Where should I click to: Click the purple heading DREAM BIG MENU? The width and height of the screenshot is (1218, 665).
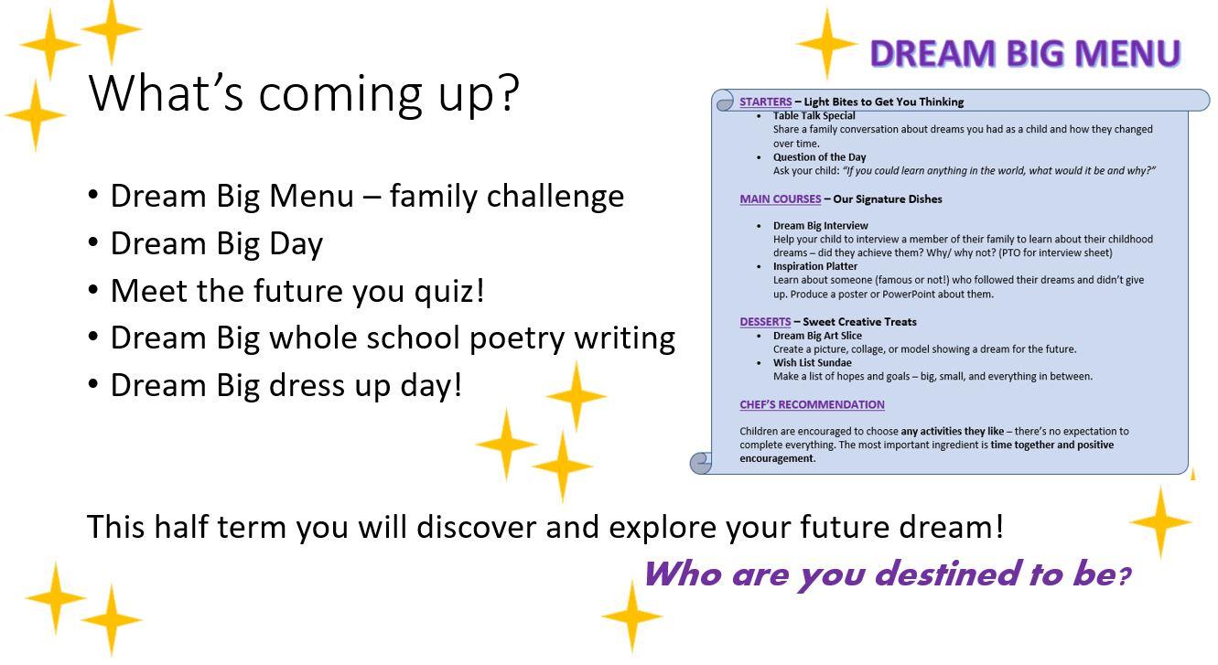coord(1026,53)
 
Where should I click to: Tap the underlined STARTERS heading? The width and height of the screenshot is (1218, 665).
coord(766,102)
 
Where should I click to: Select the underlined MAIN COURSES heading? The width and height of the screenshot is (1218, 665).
coord(781,198)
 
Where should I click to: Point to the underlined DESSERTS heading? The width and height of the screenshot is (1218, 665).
coord(765,322)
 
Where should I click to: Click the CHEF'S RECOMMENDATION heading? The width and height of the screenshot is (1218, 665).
coord(812,404)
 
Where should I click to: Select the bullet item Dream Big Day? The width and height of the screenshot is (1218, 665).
coord(216,243)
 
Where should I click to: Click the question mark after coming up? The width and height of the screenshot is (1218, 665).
coord(508,92)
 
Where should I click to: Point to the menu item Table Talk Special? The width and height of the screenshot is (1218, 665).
coord(814,116)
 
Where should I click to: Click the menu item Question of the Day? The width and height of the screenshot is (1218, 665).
coord(819,157)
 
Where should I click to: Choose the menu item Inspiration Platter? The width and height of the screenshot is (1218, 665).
coord(815,266)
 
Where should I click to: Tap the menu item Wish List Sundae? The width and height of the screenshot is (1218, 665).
coord(813,362)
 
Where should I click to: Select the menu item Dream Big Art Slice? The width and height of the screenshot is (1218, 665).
coord(817,335)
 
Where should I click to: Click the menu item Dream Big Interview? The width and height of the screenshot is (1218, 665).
coord(821,225)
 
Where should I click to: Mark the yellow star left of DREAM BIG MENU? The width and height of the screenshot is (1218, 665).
coord(826,44)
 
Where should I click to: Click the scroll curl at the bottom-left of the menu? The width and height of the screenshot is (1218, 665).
coord(701,463)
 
